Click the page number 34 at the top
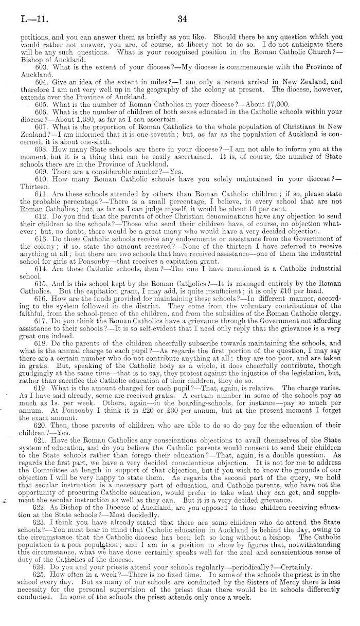point(181,20)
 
